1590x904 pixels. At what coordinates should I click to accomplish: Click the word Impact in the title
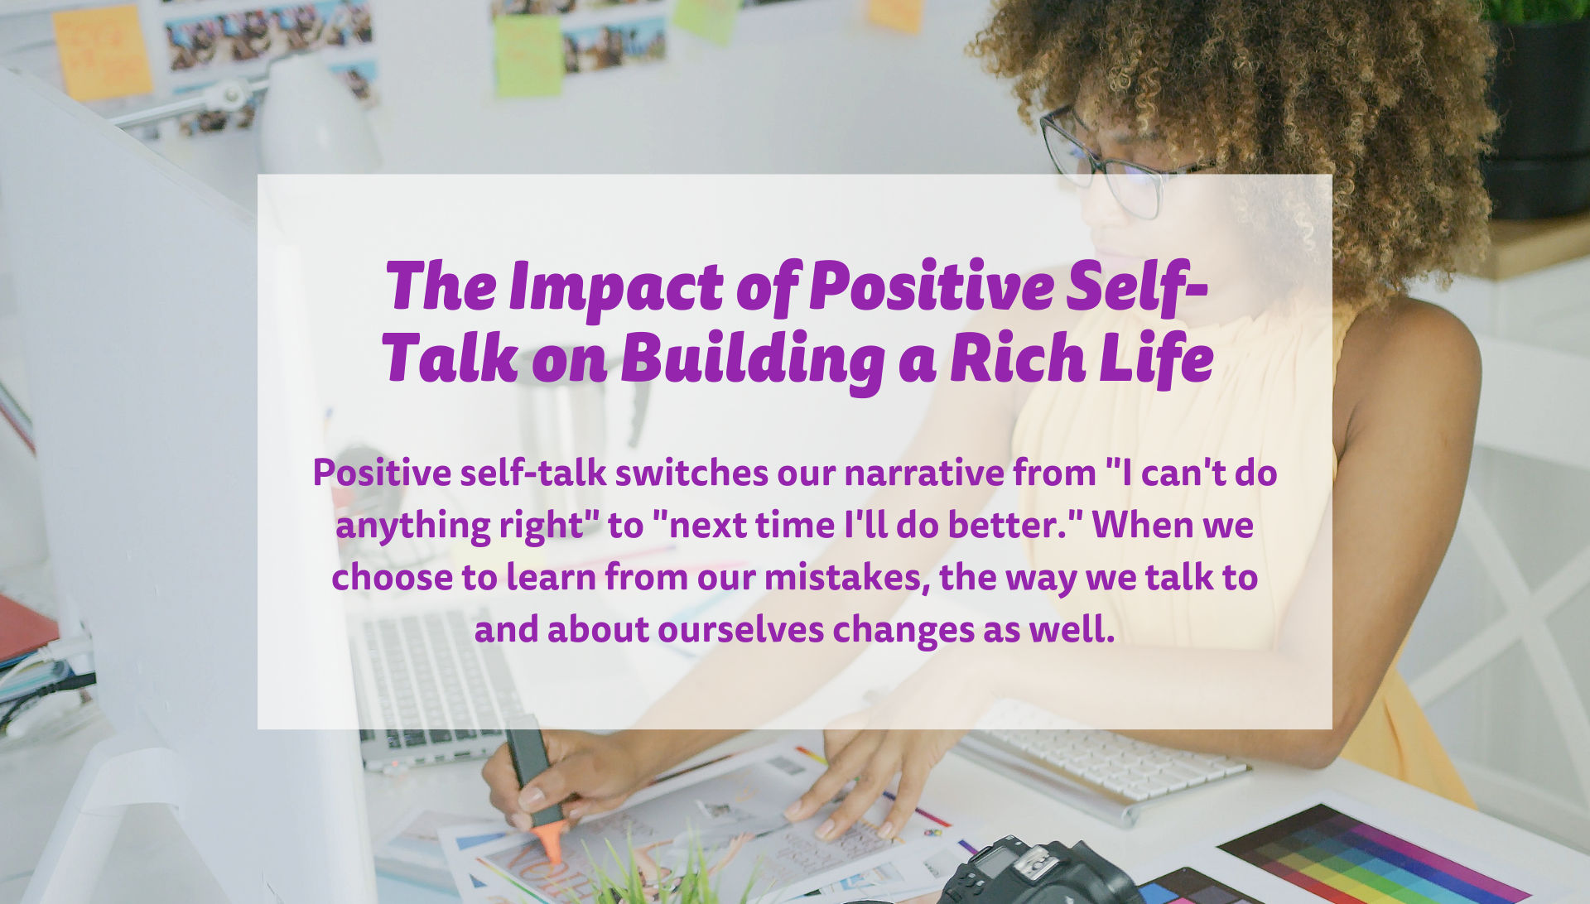coord(615,287)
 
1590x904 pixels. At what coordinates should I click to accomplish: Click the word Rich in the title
coord(1018,358)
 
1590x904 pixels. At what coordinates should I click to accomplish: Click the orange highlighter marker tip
coord(549,847)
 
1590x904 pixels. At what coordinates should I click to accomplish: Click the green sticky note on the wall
coord(529,55)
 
